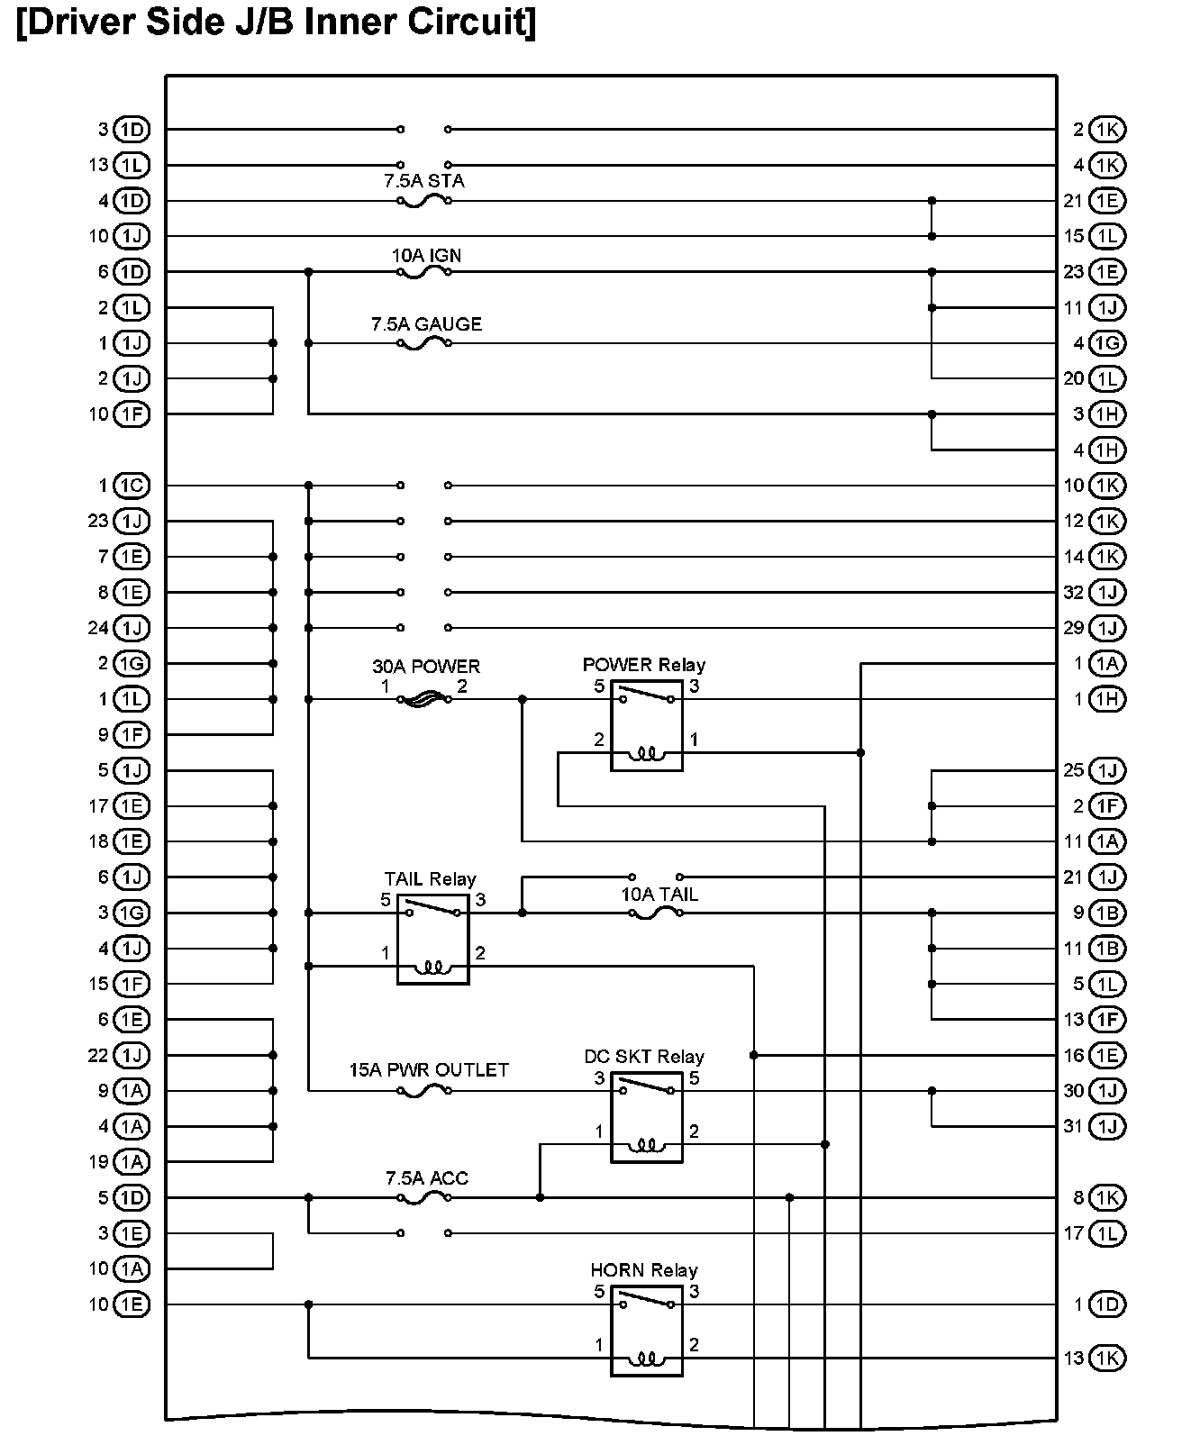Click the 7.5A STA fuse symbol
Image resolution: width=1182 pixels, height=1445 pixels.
click(423, 202)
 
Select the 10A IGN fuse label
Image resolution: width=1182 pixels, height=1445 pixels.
click(426, 256)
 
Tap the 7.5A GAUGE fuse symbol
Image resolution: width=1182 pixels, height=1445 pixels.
click(423, 344)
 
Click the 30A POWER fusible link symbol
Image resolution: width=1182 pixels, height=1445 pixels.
click(423, 699)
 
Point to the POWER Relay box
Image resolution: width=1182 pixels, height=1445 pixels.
click(646, 726)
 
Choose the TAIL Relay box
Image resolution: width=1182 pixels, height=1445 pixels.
click(432, 940)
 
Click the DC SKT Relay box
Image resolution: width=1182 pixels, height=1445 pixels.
click(646, 1117)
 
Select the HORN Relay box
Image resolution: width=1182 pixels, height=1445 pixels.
click(646, 1331)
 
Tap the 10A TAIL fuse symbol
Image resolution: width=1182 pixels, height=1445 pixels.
click(655, 913)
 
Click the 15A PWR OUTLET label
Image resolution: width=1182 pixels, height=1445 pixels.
click(429, 1070)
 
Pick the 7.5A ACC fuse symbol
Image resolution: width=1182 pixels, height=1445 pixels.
click(423, 1198)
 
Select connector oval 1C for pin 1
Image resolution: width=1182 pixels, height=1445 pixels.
click(132, 486)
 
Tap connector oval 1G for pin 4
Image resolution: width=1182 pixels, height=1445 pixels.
click(1106, 343)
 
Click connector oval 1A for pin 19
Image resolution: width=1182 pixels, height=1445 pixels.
click(132, 1162)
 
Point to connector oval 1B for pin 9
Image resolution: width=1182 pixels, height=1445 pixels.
click(1106, 913)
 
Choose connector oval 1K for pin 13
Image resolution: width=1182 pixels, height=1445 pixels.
click(1106, 1358)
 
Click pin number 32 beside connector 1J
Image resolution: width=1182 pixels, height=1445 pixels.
click(1074, 593)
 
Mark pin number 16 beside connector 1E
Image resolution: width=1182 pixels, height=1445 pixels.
click(1074, 1055)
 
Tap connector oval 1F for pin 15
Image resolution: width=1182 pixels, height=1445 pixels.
click(132, 984)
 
